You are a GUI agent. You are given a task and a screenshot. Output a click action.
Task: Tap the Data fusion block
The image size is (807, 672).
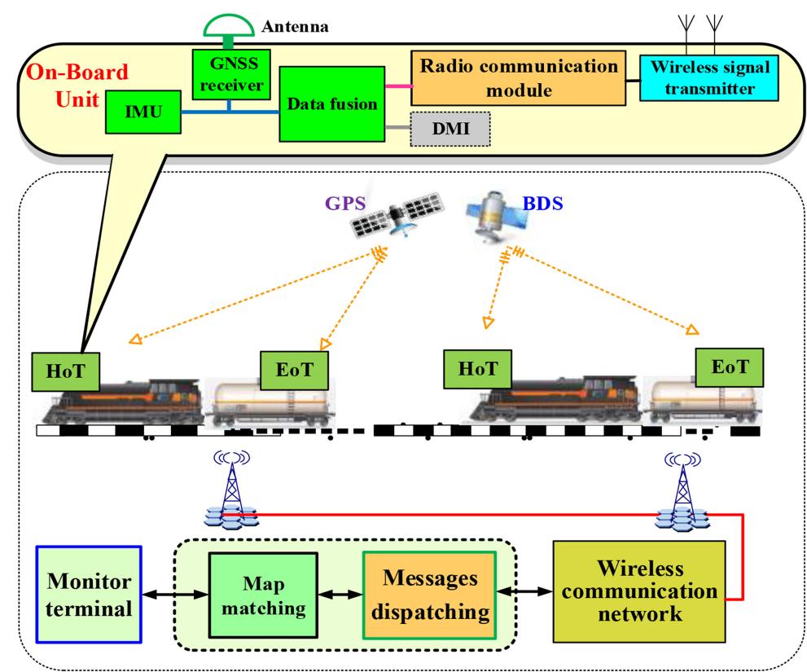(x=332, y=105)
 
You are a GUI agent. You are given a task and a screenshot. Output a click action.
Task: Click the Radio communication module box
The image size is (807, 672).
(x=519, y=77)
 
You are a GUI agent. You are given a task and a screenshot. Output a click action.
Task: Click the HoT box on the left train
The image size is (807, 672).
(x=64, y=371)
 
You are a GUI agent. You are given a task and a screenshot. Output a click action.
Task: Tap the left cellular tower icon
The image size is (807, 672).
(x=231, y=489)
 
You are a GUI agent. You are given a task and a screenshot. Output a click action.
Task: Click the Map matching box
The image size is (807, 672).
(x=262, y=597)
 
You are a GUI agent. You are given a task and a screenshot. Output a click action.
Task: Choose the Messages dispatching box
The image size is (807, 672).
(x=428, y=597)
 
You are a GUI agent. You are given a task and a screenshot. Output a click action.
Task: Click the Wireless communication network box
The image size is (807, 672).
(x=638, y=591)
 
